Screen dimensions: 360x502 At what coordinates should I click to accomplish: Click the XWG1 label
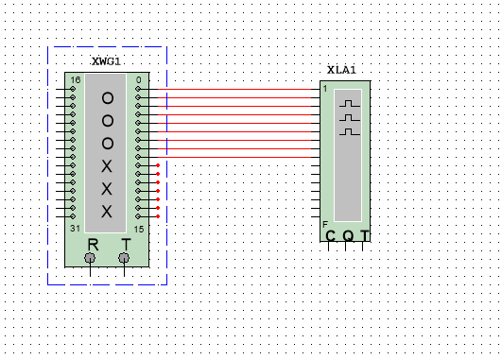pyautogui.click(x=106, y=61)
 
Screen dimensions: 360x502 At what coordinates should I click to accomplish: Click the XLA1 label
pyautogui.click(x=341, y=70)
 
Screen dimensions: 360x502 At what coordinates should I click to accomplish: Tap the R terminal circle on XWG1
pyautogui.click(x=90, y=257)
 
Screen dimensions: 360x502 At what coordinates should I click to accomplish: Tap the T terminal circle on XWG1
pyautogui.click(x=124, y=257)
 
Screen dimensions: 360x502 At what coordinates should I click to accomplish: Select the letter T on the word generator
pyautogui.click(x=126, y=244)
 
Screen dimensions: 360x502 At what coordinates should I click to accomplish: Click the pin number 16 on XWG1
pyautogui.click(x=76, y=80)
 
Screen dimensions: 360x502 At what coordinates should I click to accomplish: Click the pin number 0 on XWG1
pyautogui.click(x=138, y=80)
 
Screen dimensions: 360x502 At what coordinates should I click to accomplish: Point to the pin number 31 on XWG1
pyautogui.click(x=76, y=229)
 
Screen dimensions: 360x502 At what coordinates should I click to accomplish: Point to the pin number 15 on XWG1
pyautogui.click(x=138, y=229)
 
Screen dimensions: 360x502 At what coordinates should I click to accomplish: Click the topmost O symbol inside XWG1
pyautogui.click(x=107, y=98)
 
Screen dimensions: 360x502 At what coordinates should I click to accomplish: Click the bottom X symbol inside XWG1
pyautogui.click(x=107, y=210)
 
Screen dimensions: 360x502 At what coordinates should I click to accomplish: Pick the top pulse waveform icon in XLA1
pyautogui.click(x=351, y=102)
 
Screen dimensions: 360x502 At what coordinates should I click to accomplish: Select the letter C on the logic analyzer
pyautogui.click(x=330, y=236)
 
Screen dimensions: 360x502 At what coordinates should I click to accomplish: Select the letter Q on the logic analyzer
pyautogui.click(x=347, y=236)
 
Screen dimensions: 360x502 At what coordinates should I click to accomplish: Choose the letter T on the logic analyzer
pyautogui.click(x=364, y=236)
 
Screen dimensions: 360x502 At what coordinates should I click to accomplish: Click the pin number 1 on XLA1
pyautogui.click(x=325, y=88)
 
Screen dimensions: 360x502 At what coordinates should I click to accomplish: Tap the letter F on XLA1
pyautogui.click(x=325, y=225)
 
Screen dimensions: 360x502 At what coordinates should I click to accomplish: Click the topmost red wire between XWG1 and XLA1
pyautogui.click(x=236, y=89)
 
